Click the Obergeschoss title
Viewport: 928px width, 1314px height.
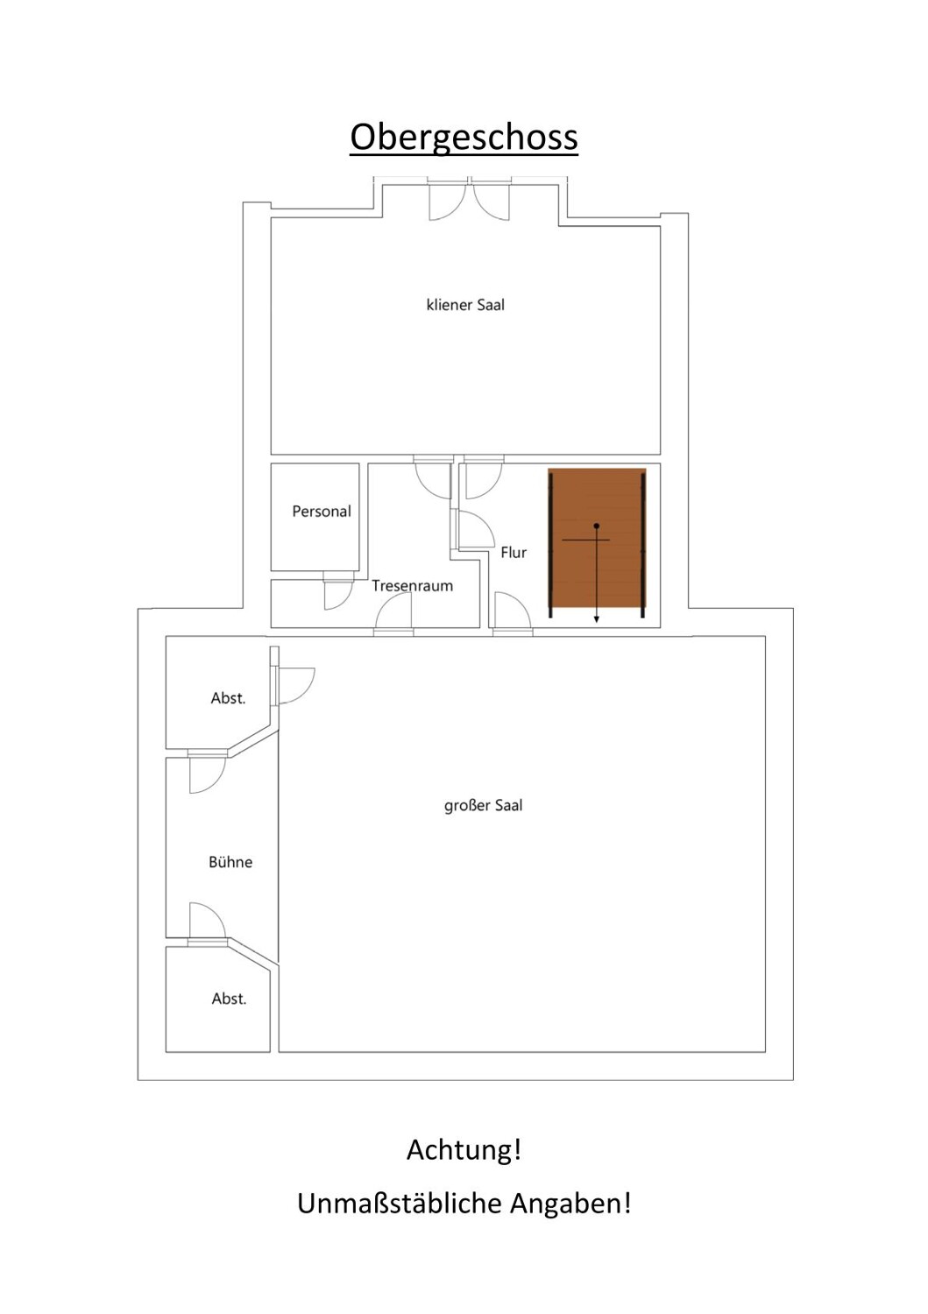(464, 139)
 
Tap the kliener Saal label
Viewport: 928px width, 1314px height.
(465, 305)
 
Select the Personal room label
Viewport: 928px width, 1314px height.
(322, 511)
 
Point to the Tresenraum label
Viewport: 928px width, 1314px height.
(412, 585)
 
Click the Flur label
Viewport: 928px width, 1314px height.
(514, 552)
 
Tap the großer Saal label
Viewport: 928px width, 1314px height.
(483, 805)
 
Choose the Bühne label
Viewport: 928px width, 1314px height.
(230, 862)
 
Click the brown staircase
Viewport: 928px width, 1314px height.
(597, 542)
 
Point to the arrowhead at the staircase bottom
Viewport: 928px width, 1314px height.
(597, 618)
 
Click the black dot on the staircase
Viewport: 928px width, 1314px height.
(597, 526)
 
